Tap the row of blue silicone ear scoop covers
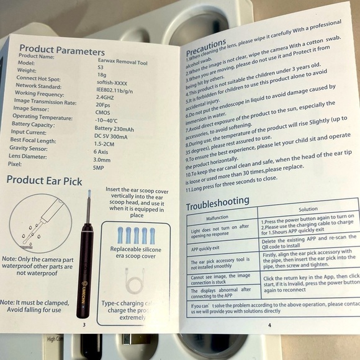(131, 235)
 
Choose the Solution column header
(307, 210)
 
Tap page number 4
(269, 324)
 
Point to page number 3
(83, 323)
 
